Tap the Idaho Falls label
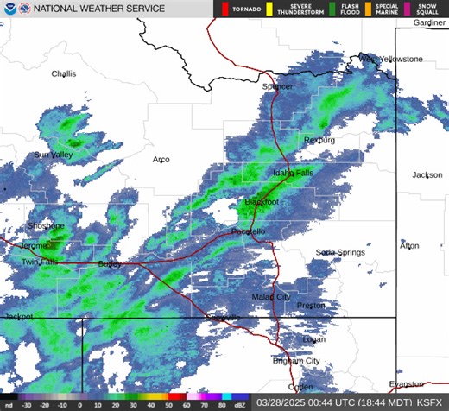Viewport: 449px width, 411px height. point(293,173)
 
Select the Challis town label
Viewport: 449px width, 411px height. point(63,74)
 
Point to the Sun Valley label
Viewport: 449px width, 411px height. point(54,155)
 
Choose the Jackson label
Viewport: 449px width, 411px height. point(427,175)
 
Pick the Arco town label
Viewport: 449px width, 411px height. point(161,160)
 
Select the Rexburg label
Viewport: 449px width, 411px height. point(319,140)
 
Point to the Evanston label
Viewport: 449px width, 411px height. point(407,383)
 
